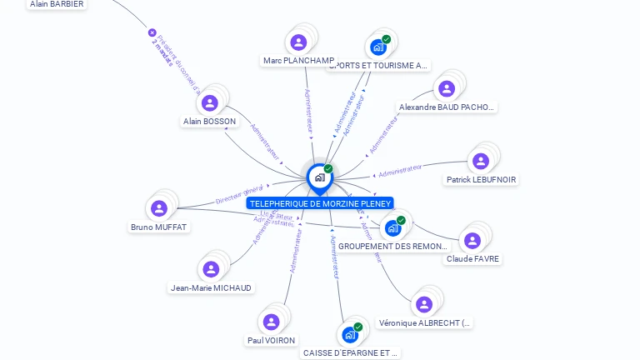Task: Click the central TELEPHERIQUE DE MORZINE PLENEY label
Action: coord(319,203)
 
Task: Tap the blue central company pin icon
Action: coord(319,177)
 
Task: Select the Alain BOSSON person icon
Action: coord(210,102)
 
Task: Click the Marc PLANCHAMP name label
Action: coord(298,61)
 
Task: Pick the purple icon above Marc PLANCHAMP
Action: coord(298,42)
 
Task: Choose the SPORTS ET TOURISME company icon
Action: coord(378,47)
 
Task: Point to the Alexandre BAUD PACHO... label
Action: coord(446,107)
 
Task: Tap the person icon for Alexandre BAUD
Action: coord(447,88)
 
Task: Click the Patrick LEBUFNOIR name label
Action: coord(481,180)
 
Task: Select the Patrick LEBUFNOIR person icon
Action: coord(481,161)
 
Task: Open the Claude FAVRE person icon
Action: coord(472,241)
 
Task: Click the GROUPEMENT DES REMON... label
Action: coord(393,247)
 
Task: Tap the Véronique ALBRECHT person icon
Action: coord(424,304)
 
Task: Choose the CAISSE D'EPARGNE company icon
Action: coord(351,334)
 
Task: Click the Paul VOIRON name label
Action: coord(271,341)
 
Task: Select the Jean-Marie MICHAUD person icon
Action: coord(211,269)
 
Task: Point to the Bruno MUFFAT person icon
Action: coord(159,208)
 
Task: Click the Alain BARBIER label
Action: coord(57,4)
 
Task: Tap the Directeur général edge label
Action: coord(239,194)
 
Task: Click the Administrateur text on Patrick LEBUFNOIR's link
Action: coord(400,171)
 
